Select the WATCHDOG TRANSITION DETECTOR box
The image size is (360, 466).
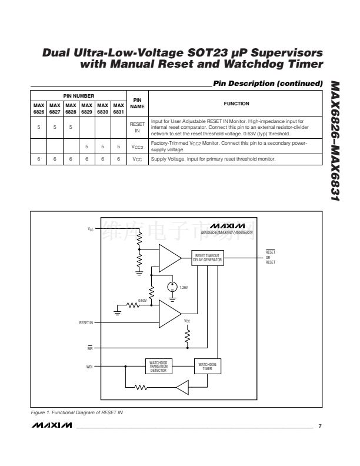point(159,365)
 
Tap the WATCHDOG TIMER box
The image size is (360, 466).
point(208,365)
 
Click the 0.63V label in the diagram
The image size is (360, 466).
point(142,300)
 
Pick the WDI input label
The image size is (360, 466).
point(90,365)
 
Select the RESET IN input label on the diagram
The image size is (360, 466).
point(86,323)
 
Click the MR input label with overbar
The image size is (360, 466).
point(89,348)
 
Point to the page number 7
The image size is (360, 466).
point(320,424)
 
